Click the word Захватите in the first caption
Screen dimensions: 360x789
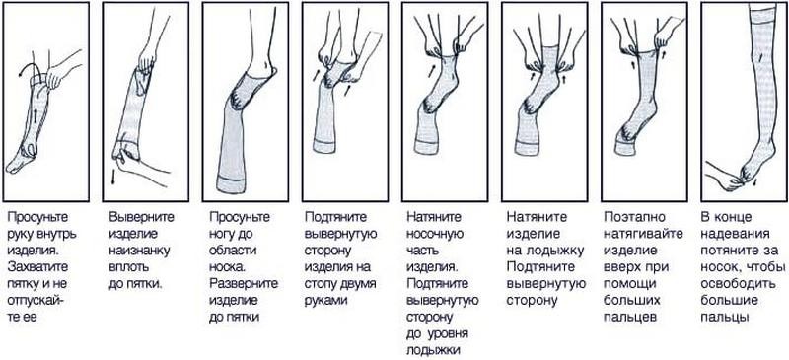coord(38,249)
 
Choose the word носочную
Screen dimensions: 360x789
coord(438,232)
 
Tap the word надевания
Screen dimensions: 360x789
coord(735,232)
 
